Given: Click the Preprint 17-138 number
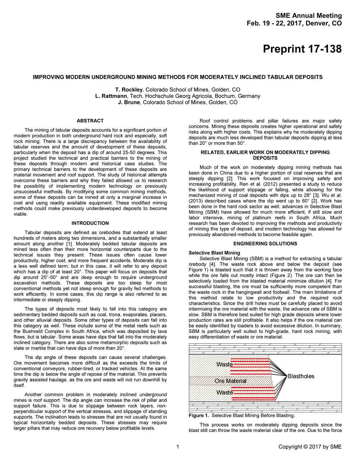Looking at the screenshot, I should pos(302,49).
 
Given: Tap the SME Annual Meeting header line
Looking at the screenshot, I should pos(309,15).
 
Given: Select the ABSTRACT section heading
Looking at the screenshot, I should pos(90,121).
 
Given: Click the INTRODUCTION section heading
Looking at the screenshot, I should pos(90,223).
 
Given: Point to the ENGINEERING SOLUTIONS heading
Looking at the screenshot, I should pos(265,244).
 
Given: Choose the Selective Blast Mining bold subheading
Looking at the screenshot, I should pos(214,253).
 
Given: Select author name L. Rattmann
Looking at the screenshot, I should pos(111,96).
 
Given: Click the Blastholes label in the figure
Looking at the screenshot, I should pos(301,376).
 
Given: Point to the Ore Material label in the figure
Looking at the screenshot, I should pos(230,381).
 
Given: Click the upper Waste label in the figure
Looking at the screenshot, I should pos(225,365).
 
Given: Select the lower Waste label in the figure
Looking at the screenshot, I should pos(225,392).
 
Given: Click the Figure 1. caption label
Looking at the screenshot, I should pos(199,415).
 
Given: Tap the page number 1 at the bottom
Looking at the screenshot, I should pos(178,447).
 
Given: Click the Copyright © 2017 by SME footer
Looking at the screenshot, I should pos(310,447).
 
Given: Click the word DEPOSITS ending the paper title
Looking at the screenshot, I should pos(309,77).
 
